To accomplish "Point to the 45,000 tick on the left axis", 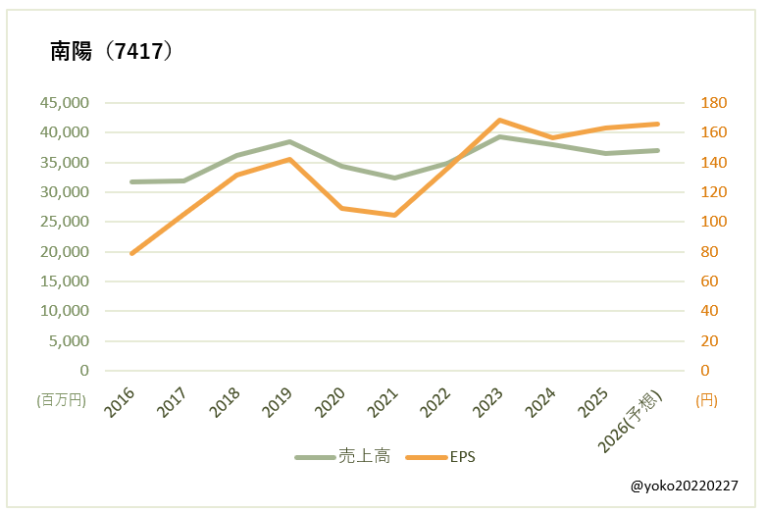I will (64, 103).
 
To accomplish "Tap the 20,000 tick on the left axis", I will (64, 252).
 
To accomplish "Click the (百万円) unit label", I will (63, 400).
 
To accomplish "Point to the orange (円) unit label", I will (705, 400).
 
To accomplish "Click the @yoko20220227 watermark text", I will (685, 486).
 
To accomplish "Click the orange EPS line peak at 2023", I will (499, 120).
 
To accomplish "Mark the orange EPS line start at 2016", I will (131, 253).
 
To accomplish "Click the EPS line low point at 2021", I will (394, 215).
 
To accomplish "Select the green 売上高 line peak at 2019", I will (289, 141).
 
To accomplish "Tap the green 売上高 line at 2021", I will (394, 178).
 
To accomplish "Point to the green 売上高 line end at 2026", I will (657, 150).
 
